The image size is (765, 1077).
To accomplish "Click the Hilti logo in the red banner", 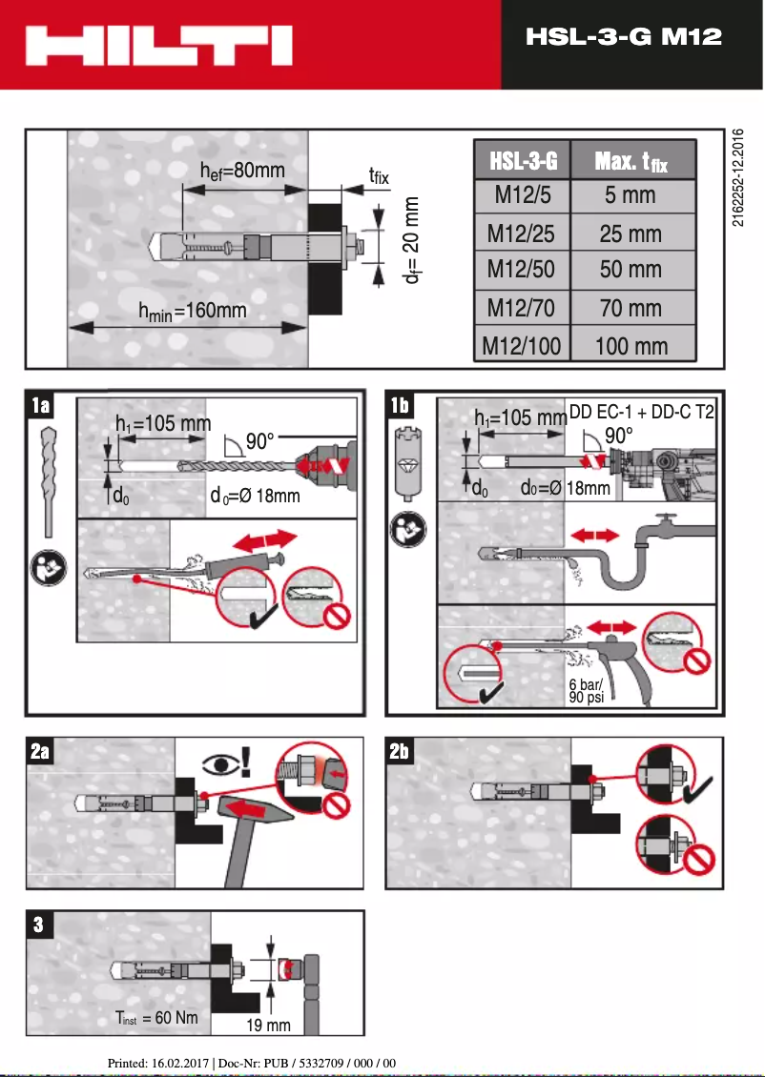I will pos(159,45).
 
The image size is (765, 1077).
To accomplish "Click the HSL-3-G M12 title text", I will pos(623,37).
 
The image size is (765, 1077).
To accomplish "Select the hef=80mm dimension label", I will pos(242,171).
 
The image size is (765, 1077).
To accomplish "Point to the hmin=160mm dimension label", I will pos(192,311).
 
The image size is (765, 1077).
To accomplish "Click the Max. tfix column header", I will pos(631,161).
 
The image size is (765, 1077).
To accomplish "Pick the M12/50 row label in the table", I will pos(521,270).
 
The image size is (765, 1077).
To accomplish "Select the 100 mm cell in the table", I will pos(631,345).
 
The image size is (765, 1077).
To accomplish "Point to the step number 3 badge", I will pos(38,925).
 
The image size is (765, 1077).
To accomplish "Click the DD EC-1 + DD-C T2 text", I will pos(641,413).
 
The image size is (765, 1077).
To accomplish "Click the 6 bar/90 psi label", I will pos(585,691).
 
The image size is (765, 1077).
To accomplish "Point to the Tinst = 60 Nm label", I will pos(156,1018).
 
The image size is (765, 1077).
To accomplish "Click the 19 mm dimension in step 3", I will pos(269,1025).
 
